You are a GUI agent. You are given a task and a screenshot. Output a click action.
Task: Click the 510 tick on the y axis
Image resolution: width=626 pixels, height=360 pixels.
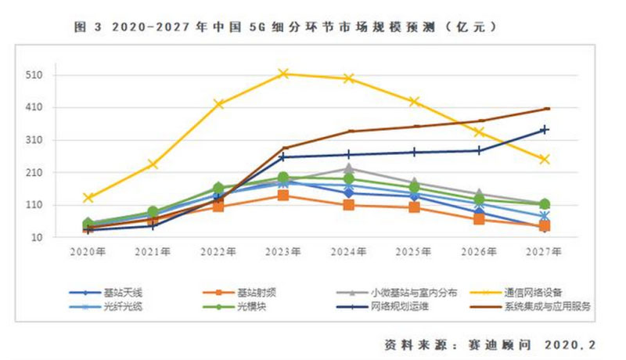[40, 76]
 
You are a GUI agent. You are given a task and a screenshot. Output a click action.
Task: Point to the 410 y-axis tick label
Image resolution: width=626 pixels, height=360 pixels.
[40, 108]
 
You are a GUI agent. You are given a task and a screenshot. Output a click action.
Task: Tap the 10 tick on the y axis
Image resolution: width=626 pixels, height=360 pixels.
[43, 237]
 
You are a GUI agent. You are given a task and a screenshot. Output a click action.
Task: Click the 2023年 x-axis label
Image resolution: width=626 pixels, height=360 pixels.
[283, 252]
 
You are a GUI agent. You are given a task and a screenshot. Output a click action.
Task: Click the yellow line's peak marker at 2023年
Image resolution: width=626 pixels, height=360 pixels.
[284, 74]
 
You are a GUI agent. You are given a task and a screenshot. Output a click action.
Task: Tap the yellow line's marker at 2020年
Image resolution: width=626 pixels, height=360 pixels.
[88, 198]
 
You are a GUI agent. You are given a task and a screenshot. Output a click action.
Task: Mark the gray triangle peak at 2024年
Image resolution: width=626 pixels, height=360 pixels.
[349, 168]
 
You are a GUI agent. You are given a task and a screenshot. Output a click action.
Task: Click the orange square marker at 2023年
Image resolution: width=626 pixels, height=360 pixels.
[284, 195]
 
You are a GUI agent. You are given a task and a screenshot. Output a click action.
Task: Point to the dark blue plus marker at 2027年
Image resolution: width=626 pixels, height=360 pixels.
[545, 130]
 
